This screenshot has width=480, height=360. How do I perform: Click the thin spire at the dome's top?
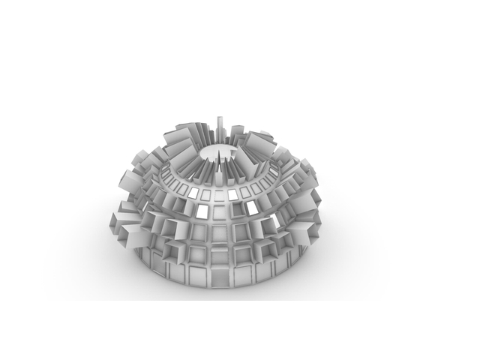click(220, 127)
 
